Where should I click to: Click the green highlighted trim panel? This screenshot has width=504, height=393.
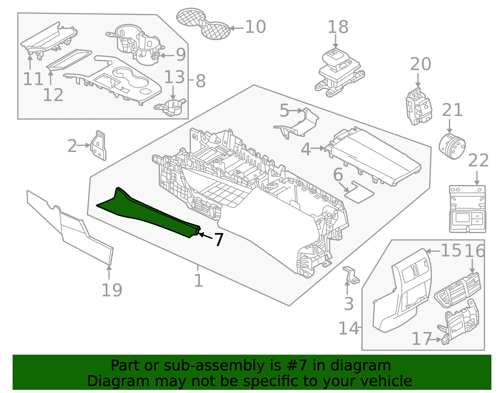(148, 214)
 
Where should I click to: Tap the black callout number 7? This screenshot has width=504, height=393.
(219, 240)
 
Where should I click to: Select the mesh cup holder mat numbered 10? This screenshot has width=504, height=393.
(203, 24)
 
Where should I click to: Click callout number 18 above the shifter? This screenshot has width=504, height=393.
(338, 27)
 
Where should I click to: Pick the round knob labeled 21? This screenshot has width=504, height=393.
(452, 147)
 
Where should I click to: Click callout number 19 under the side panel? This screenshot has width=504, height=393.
(112, 290)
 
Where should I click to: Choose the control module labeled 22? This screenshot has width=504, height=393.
(467, 209)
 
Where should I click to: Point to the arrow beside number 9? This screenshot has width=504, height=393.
(167, 56)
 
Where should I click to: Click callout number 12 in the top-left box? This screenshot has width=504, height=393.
(53, 95)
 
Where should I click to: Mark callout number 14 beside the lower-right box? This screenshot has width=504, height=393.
(348, 328)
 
